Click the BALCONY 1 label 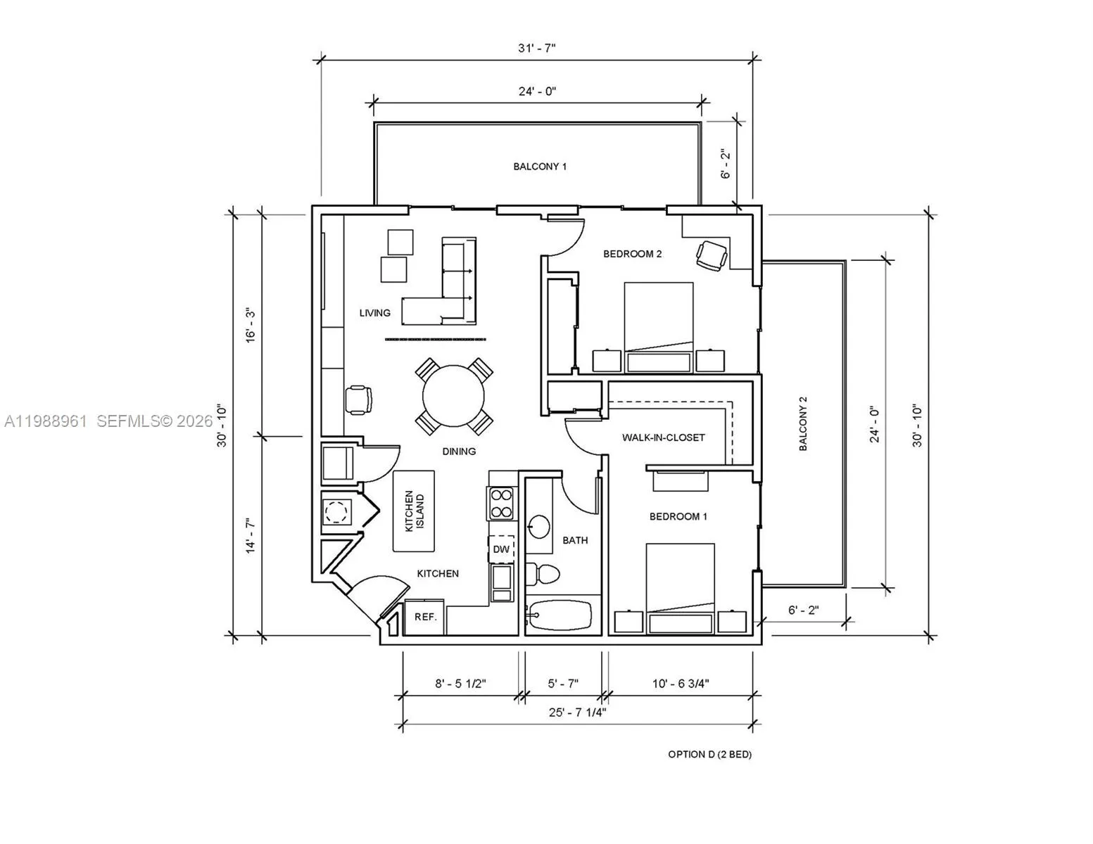click(x=540, y=167)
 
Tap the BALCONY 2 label click(x=803, y=423)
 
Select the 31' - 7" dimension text click(x=537, y=49)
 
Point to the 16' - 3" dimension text click(x=251, y=325)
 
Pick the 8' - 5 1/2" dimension click(x=460, y=684)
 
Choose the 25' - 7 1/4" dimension click(x=577, y=712)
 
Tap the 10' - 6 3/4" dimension click(x=681, y=684)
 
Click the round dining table click(x=453, y=395)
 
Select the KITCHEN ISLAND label click(x=415, y=511)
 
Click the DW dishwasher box click(x=502, y=549)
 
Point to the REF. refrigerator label click(x=426, y=617)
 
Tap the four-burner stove click(x=500, y=503)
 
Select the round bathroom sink click(x=538, y=527)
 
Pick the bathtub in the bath click(x=559, y=615)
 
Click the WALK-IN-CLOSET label click(x=664, y=437)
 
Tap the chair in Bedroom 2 click(x=712, y=256)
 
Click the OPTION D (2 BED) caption click(x=709, y=755)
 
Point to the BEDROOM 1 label click(x=678, y=516)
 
